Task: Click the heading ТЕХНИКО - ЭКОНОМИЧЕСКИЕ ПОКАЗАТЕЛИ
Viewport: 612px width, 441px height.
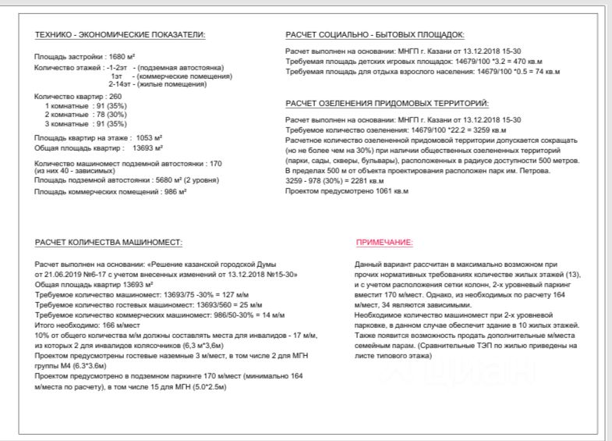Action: tap(119, 35)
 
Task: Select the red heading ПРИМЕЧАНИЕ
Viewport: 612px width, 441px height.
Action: tap(384, 242)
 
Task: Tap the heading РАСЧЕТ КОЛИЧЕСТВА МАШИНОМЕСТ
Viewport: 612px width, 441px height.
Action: tap(108, 242)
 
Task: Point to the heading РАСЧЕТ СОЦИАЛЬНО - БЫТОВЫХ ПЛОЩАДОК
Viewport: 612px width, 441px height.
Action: tap(375, 35)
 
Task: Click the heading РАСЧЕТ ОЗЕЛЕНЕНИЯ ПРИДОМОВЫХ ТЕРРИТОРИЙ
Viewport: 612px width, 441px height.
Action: tap(387, 103)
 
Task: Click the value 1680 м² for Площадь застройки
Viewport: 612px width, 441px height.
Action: tap(121, 57)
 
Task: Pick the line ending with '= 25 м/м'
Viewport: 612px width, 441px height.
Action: tap(129, 305)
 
